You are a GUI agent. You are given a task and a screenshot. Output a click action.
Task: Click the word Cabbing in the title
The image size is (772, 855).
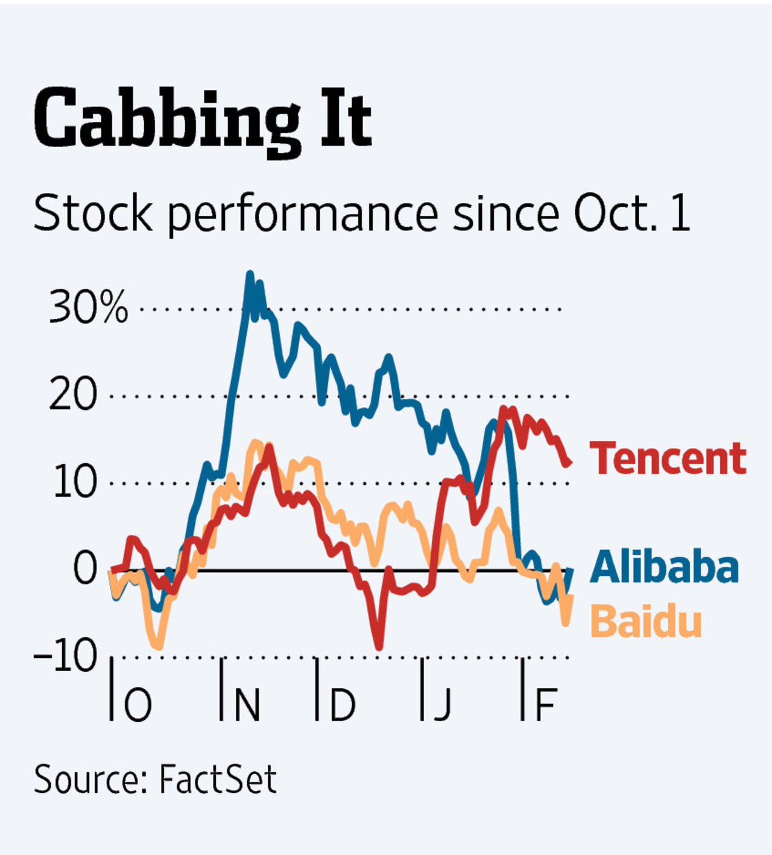[x=166, y=119]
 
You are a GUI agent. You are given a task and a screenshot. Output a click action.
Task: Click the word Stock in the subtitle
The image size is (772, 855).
[x=93, y=213]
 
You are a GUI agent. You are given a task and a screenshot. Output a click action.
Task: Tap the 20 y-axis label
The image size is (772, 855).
[x=73, y=395]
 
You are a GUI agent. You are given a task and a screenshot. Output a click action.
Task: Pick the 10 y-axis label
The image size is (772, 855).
[x=75, y=482]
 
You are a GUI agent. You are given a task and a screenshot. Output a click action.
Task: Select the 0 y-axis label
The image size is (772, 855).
[x=85, y=568]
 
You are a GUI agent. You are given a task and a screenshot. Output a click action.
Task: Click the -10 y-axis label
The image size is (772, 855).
[x=66, y=655]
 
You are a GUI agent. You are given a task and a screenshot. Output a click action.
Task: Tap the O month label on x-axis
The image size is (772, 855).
[x=138, y=704]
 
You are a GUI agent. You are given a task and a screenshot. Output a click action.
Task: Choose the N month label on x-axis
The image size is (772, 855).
[x=246, y=704]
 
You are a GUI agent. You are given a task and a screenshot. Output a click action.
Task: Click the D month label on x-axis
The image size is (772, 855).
[x=342, y=704]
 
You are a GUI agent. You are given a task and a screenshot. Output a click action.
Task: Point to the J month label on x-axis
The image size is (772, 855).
[x=443, y=704]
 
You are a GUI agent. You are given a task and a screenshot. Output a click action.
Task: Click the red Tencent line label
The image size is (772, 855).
[x=668, y=459]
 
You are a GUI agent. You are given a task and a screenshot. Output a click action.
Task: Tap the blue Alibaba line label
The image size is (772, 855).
[x=664, y=567]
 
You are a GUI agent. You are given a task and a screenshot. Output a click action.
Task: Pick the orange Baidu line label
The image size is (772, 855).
[x=646, y=621]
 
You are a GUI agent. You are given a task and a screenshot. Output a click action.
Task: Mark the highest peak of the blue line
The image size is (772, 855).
[x=250, y=274]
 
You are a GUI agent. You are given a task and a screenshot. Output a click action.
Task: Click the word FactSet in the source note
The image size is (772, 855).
[x=218, y=779]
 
